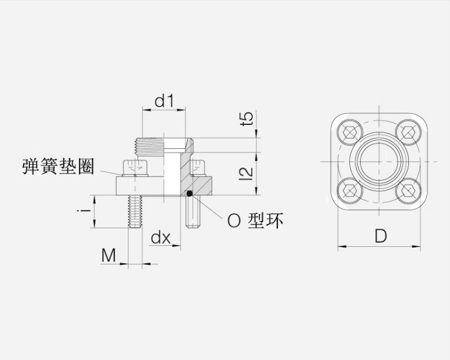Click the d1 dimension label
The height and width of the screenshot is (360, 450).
pyautogui.click(x=164, y=101)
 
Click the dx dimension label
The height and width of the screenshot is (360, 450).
pyautogui.click(x=161, y=237)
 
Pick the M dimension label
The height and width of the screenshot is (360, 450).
pyautogui.click(x=109, y=255)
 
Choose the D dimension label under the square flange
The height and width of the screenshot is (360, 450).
pyautogui.click(x=381, y=236)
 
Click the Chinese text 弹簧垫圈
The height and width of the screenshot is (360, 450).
pyautogui.click(x=58, y=167)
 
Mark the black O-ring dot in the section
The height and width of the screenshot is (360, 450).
pyautogui.click(x=190, y=194)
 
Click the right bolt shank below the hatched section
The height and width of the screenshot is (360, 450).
pyautogui.click(x=194, y=212)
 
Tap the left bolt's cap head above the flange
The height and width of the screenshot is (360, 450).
pyautogui.click(x=135, y=168)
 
